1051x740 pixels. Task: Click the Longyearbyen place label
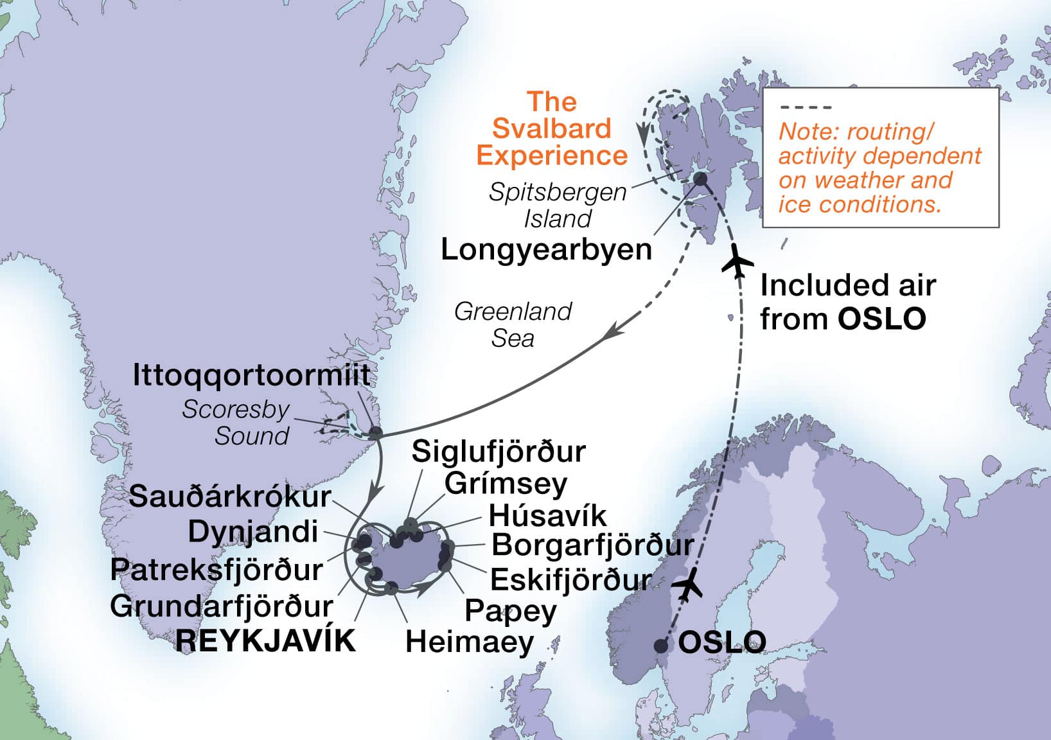click(546, 249)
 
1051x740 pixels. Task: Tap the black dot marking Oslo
click(661, 646)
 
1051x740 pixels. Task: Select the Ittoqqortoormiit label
click(251, 375)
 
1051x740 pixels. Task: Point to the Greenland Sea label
click(513, 325)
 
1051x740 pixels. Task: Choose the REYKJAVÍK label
click(265, 640)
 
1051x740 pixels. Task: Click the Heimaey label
click(470, 642)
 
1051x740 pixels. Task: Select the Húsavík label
click(547, 515)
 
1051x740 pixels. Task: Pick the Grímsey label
click(506, 483)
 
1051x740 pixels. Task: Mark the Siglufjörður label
click(499, 452)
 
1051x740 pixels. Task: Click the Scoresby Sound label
click(236, 423)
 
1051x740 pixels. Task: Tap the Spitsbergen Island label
click(558, 205)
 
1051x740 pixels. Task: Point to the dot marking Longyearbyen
click(700, 179)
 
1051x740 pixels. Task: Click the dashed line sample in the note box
click(805, 107)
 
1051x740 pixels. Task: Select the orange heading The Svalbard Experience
click(552, 128)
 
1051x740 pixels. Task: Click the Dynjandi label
click(253, 532)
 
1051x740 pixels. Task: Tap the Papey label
click(511, 610)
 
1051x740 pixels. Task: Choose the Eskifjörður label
click(570, 579)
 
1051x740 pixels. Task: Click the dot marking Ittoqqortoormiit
click(375, 433)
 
